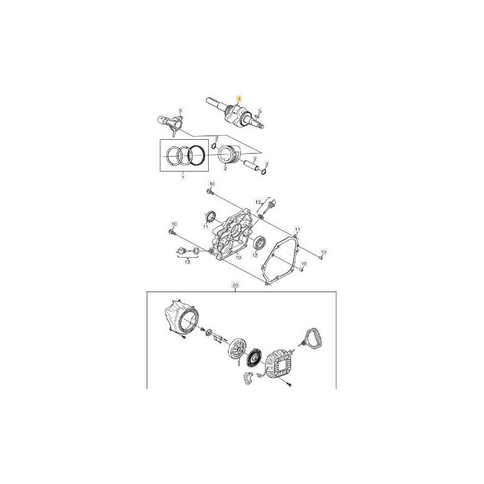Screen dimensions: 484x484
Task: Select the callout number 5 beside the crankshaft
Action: [261, 110]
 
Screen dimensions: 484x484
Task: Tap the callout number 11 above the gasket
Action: [296, 229]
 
